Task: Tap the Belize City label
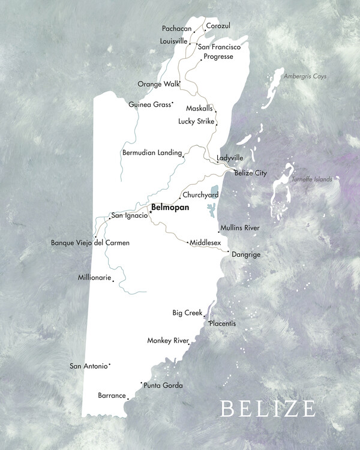click(250, 173)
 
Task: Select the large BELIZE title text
click(268, 409)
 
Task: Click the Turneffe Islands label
click(311, 179)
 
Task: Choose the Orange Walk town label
click(158, 84)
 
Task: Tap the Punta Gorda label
click(163, 386)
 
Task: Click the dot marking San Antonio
click(110, 364)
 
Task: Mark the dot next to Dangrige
click(228, 252)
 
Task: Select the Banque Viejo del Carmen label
click(90, 243)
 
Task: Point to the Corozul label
click(218, 26)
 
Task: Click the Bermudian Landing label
click(152, 153)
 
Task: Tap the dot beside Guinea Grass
click(172, 103)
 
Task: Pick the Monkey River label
click(168, 341)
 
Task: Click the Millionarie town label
click(95, 278)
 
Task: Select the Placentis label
click(223, 324)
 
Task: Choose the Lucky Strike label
click(196, 121)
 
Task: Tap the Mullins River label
click(240, 228)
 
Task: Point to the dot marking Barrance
click(128, 395)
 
